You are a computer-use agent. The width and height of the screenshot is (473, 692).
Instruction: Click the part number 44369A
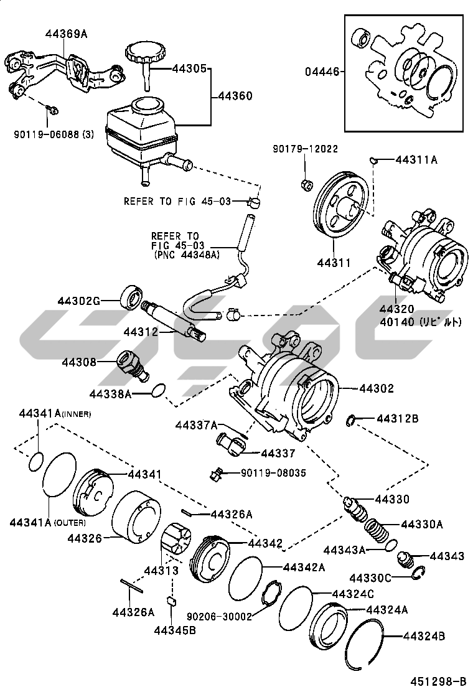[x=66, y=34]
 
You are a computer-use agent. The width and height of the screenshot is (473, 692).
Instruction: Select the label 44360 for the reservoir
[x=235, y=96]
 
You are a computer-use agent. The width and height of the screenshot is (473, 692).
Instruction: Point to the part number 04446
[x=322, y=72]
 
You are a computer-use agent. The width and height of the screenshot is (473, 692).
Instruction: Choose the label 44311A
[x=416, y=160]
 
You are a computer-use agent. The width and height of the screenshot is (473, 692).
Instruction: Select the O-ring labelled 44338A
[x=160, y=391]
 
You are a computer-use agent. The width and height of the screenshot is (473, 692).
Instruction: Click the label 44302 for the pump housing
[x=376, y=389]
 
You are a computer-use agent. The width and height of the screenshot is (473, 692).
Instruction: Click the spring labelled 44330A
[x=377, y=533]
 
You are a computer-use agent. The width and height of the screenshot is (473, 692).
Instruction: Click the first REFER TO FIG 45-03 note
[x=177, y=201]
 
